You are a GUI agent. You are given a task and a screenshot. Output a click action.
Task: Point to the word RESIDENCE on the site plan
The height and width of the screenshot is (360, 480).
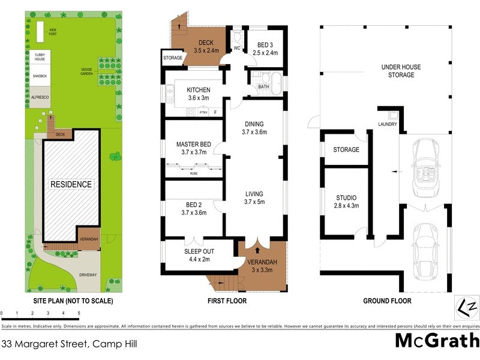click(x=71, y=184)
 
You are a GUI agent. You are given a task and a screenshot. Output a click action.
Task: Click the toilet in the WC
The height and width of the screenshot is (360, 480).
click(x=237, y=36)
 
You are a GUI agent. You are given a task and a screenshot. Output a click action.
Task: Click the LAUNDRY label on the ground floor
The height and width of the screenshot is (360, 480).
click(x=388, y=125)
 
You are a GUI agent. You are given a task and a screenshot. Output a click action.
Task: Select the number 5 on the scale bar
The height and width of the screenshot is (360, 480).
click(x=79, y=313)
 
